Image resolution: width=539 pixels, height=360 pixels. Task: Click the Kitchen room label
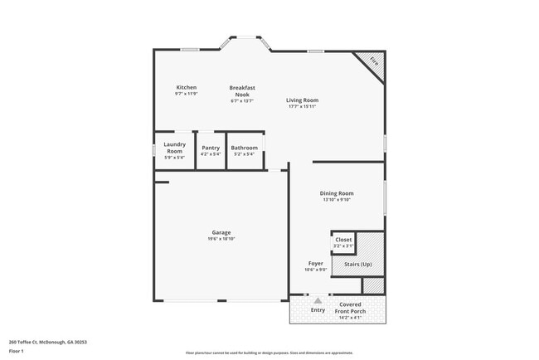pos(187,87)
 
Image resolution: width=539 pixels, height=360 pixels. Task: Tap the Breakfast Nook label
pos(242,90)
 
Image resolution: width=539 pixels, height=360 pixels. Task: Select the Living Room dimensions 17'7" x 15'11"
pos(303,107)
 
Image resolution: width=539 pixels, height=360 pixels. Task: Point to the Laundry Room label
pos(174,148)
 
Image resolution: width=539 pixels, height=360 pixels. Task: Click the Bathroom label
pos(245,148)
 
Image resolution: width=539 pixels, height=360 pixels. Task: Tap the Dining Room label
pos(337,193)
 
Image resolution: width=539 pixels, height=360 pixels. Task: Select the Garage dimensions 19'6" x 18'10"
pos(221,239)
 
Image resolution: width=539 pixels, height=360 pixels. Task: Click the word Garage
pos(221,232)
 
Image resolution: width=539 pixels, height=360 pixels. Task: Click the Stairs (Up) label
pos(357,264)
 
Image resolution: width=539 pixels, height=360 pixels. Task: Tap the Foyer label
pos(316,263)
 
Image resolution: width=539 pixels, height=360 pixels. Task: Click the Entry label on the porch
pos(318,310)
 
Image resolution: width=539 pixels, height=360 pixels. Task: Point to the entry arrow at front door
pos(318,299)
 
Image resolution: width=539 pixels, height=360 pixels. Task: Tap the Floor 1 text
pos(17,351)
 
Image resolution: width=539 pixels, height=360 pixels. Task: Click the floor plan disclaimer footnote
pos(269,353)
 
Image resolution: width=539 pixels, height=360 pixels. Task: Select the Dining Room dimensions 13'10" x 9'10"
pos(337,200)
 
